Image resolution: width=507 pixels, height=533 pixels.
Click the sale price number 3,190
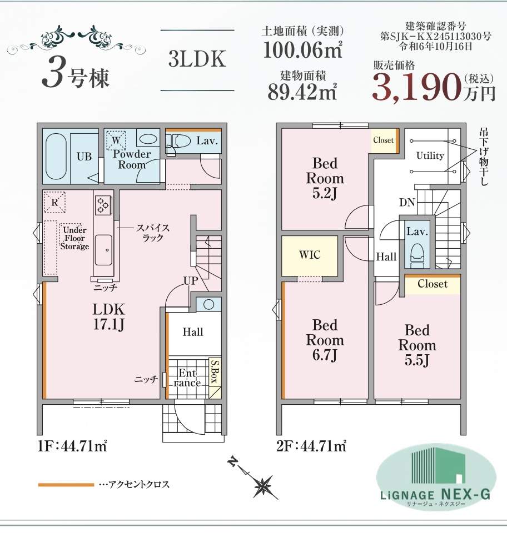tap(416, 87)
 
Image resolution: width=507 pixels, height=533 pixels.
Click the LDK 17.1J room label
tap(109, 316)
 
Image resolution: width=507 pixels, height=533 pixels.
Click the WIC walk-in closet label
tap(310, 256)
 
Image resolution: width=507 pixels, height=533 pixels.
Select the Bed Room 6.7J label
tap(325, 340)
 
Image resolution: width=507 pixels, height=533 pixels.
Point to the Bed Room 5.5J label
tap(417, 345)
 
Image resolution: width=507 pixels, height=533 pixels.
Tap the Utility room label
tap(430, 155)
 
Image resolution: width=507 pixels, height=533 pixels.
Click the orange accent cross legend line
tap(66, 485)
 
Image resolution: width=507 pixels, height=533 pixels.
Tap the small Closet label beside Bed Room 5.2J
tap(383, 140)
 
